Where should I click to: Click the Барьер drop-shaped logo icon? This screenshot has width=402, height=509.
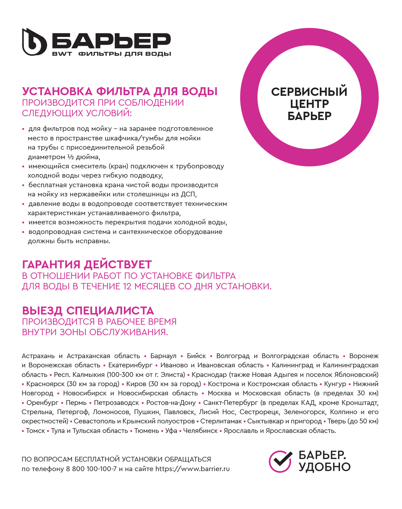pyautogui.click(x=34, y=42)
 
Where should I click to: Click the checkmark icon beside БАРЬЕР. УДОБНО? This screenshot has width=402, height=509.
pyautogui.click(x=280, y=461)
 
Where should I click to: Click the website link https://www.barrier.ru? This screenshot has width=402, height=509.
pyautogui.click(x=192, y=469)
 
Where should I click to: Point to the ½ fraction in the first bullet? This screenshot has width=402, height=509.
pyautogui.click(x=70, y=157)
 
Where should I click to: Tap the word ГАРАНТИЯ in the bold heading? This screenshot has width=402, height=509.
pyautogui.click(x=51, y=265)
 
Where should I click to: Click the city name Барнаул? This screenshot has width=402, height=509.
pyautogui.click(x=163, y=356)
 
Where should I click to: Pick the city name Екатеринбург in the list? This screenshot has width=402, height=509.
pyautogui.click(x=130, y=365)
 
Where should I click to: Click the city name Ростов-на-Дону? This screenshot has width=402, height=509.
pyautogui.click(x=171, y=403)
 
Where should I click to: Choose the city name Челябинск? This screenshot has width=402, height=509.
pyautogui.click(x=200, y=431)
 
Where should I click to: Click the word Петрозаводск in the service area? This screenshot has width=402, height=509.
pyautogui.click(x=117, y=403)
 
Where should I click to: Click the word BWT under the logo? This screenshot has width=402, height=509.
pyautogui.click(x=62, y=54)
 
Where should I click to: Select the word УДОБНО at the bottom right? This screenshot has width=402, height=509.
pyautogui.click(x=324, y=467)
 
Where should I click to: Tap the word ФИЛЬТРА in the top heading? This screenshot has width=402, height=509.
pyautogui.click(x=123, y=92)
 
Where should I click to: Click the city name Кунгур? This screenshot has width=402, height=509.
pyautogui.click(x=335, y=384)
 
